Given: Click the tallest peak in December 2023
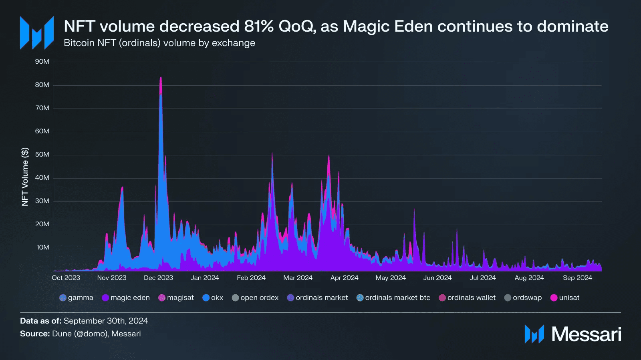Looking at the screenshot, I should (161, 78).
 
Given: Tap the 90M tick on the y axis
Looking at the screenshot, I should (42, 62).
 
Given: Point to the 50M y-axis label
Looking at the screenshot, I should (42, 155).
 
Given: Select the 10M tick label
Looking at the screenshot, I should (43, 247).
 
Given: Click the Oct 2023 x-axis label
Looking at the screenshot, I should (66, 278).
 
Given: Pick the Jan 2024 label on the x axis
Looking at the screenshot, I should (205, 278).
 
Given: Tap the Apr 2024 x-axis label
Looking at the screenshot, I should (344, 278).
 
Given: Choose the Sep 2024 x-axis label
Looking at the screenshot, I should (577, 278).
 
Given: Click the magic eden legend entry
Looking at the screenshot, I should (126, 298).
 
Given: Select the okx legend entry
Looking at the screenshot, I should (213, 298).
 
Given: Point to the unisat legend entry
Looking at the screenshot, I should (565, 298).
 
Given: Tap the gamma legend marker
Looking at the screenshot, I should (63, 298).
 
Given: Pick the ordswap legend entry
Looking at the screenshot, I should (523, 298).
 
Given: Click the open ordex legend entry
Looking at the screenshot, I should (255, 298).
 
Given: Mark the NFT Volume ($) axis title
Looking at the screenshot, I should (25, 177).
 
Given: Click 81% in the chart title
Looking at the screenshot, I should (259, 26).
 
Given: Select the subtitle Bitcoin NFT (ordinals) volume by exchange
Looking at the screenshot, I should (159, 43).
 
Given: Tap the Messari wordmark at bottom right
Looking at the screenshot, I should (586, 334).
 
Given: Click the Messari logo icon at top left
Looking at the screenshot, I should (37, 33).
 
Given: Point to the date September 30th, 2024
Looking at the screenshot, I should (106, 321).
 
